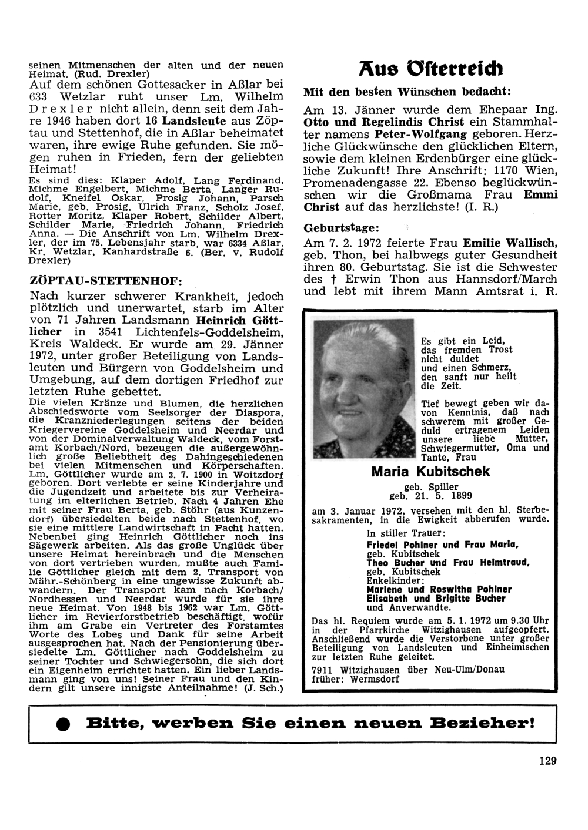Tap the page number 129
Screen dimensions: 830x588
(547, 761)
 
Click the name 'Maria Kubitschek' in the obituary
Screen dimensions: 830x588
(430, 472)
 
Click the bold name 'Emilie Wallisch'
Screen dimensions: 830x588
(510, 242)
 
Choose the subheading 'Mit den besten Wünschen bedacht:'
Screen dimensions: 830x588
(407, 92)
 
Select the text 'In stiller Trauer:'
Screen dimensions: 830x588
(406, 534)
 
